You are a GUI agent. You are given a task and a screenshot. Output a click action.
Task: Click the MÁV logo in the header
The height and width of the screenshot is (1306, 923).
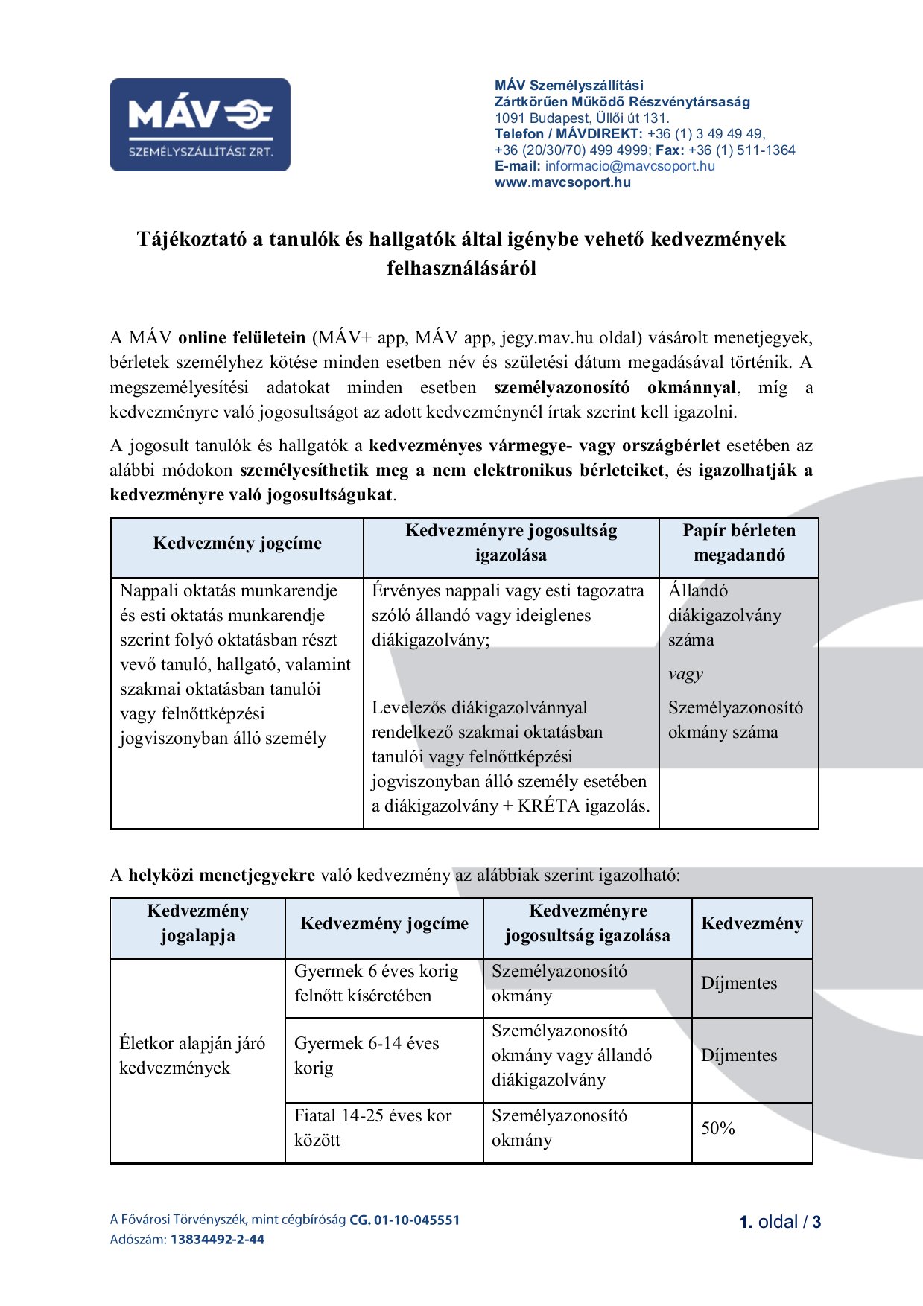(200, 124)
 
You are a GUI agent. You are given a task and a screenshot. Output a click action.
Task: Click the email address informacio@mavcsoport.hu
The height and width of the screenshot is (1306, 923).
(629, 166)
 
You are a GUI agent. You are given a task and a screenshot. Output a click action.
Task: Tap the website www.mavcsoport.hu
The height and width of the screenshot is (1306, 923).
(562, 182)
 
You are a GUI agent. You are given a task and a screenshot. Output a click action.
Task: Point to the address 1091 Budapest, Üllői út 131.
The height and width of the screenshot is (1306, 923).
(582, 118)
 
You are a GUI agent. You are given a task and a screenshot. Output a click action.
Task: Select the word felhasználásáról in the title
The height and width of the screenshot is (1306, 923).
(461, 268)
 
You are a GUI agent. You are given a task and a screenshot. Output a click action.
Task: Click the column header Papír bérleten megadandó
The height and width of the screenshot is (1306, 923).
(738, 543)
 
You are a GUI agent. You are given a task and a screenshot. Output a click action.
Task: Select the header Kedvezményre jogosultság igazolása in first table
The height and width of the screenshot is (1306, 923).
(511, 543)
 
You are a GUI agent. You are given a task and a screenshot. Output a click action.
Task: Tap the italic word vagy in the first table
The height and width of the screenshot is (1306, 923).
(685, 674)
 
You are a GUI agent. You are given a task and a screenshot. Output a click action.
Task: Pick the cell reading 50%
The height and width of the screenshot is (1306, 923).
(718, 1129)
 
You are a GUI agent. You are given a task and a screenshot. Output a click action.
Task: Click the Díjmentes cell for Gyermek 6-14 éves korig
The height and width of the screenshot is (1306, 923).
(738, 1056)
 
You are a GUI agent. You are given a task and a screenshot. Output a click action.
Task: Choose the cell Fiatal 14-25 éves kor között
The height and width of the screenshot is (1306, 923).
(372, 1128)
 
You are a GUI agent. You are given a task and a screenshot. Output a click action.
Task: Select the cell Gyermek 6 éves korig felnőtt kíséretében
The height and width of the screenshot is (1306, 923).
(376, 984)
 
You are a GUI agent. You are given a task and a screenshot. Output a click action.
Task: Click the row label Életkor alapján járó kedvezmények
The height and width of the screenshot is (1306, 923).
(192, 1056)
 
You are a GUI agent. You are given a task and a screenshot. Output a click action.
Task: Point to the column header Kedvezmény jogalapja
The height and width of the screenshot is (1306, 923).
(197, 923)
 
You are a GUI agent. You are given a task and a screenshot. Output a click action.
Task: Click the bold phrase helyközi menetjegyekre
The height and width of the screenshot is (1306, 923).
(221, 875)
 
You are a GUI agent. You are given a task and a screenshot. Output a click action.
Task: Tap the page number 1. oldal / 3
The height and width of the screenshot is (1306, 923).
(779, 1222)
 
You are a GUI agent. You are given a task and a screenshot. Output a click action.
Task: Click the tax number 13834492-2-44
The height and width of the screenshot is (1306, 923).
(217, 1240)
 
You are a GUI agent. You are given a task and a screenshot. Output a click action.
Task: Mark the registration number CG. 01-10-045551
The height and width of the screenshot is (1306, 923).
(405, 1220)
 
